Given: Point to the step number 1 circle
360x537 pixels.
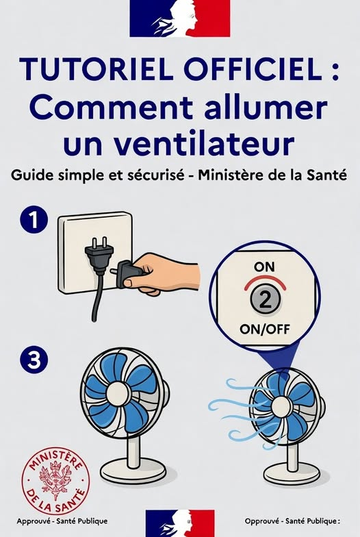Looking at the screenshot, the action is [x=34, y=221].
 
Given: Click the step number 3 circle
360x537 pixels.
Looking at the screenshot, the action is [x=34, y=360].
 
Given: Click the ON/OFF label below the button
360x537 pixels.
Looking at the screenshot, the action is [x=264, y=329].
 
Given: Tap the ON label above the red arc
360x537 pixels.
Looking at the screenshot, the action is [x=264, y=267].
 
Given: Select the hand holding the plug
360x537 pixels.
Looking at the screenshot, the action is [x=162, y=273].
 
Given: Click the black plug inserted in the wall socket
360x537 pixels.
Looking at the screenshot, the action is [x=99, y=255].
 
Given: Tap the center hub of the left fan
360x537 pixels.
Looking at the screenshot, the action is [x=118, y=394].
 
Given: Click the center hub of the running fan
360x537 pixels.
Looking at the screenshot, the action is [x=281, y=407].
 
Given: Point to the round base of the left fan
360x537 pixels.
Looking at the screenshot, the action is [x=133, y=471].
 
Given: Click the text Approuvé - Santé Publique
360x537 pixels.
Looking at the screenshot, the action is [x=62, y=521].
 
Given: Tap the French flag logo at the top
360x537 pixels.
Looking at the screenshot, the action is [x=179, y=18].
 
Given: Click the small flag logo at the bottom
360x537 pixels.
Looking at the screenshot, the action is [x=180, y=523].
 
